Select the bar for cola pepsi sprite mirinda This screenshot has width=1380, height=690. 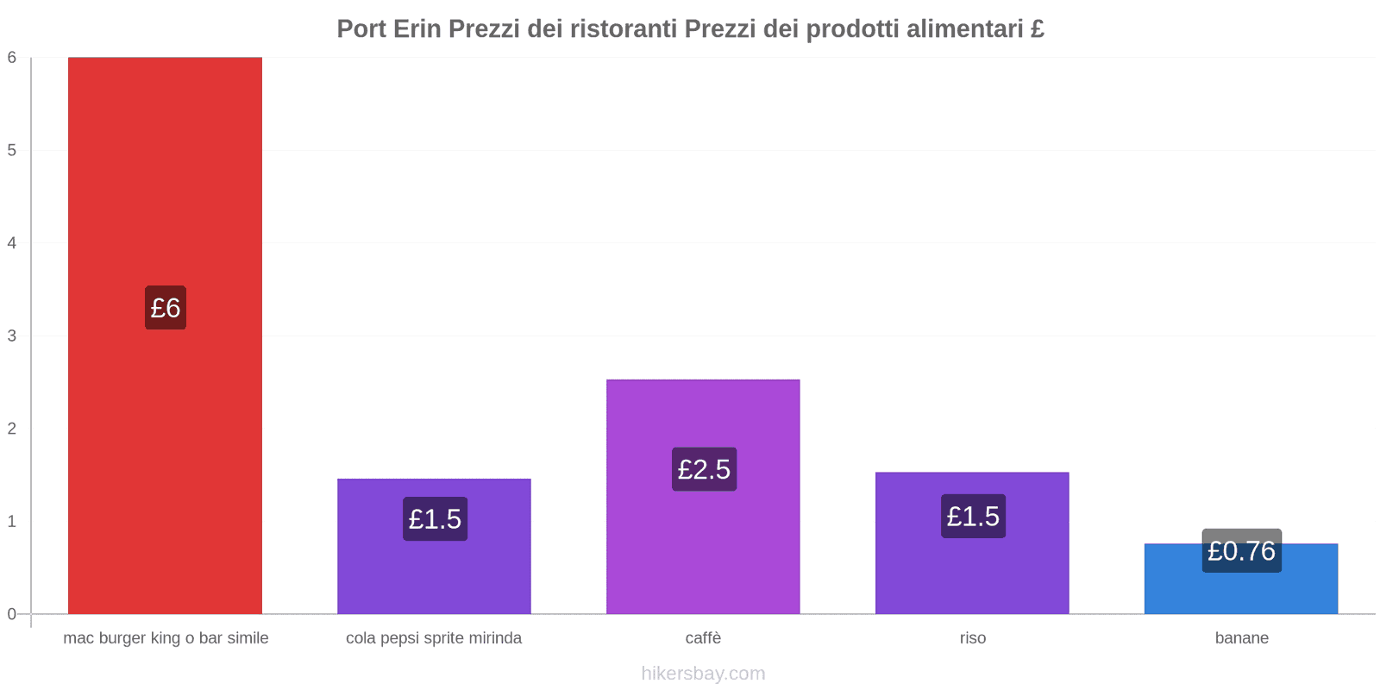[x=434, y=569]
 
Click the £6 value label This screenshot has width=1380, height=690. [x=165, y=308]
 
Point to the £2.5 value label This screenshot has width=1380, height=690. [x=704, y=469]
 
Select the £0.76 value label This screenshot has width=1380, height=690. [x=1241, y=550]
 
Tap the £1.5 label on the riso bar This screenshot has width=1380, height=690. [x=973, y=516]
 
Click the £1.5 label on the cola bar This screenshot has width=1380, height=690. [x=435, y=519]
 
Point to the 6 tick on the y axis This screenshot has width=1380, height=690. [x=12, y=58]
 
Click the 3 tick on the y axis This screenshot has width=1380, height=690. [x=12, y=336]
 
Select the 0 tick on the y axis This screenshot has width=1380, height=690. [x=12, y=614]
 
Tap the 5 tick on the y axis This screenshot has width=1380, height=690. [x=12, y=150]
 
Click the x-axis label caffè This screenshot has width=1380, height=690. [x=703, y=638]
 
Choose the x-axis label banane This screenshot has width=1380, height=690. [x=1241, y=638]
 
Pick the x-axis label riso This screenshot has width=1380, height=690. [x=972, y=638]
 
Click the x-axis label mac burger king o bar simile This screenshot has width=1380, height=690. [x=166, y=638]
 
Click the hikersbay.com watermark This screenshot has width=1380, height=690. [x=703, y=674]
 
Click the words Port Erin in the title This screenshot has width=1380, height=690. [x=389, y=29]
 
